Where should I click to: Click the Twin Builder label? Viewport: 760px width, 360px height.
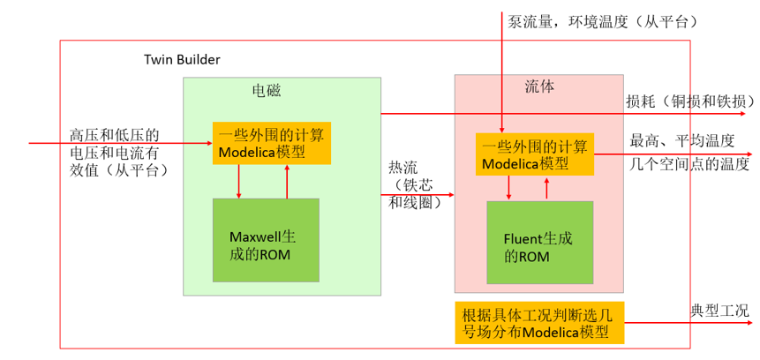pos(182,59)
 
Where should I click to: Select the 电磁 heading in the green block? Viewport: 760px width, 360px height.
pos(267,90)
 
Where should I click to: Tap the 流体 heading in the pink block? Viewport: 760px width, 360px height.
pos(539,86)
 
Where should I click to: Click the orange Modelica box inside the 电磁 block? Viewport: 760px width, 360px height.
pos(272,142)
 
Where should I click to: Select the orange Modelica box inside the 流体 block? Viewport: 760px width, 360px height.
pos(535,154)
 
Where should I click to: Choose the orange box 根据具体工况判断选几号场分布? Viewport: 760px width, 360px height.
pos(540,323)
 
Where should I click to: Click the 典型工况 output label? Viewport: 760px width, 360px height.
pos(719,311)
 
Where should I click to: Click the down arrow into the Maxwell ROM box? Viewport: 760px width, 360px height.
pos(239,182)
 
